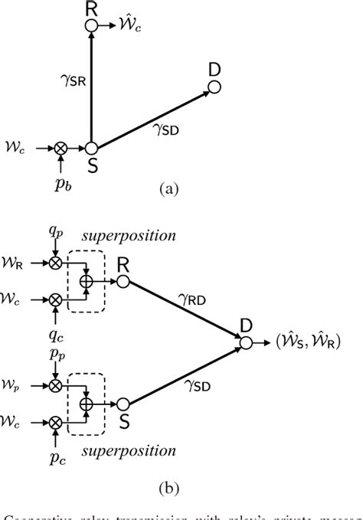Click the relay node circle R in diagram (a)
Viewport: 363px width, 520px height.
91,26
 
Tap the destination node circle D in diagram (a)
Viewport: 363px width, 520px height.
214,88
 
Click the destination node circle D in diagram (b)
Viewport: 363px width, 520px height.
245,343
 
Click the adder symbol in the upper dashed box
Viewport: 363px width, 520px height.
87,282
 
